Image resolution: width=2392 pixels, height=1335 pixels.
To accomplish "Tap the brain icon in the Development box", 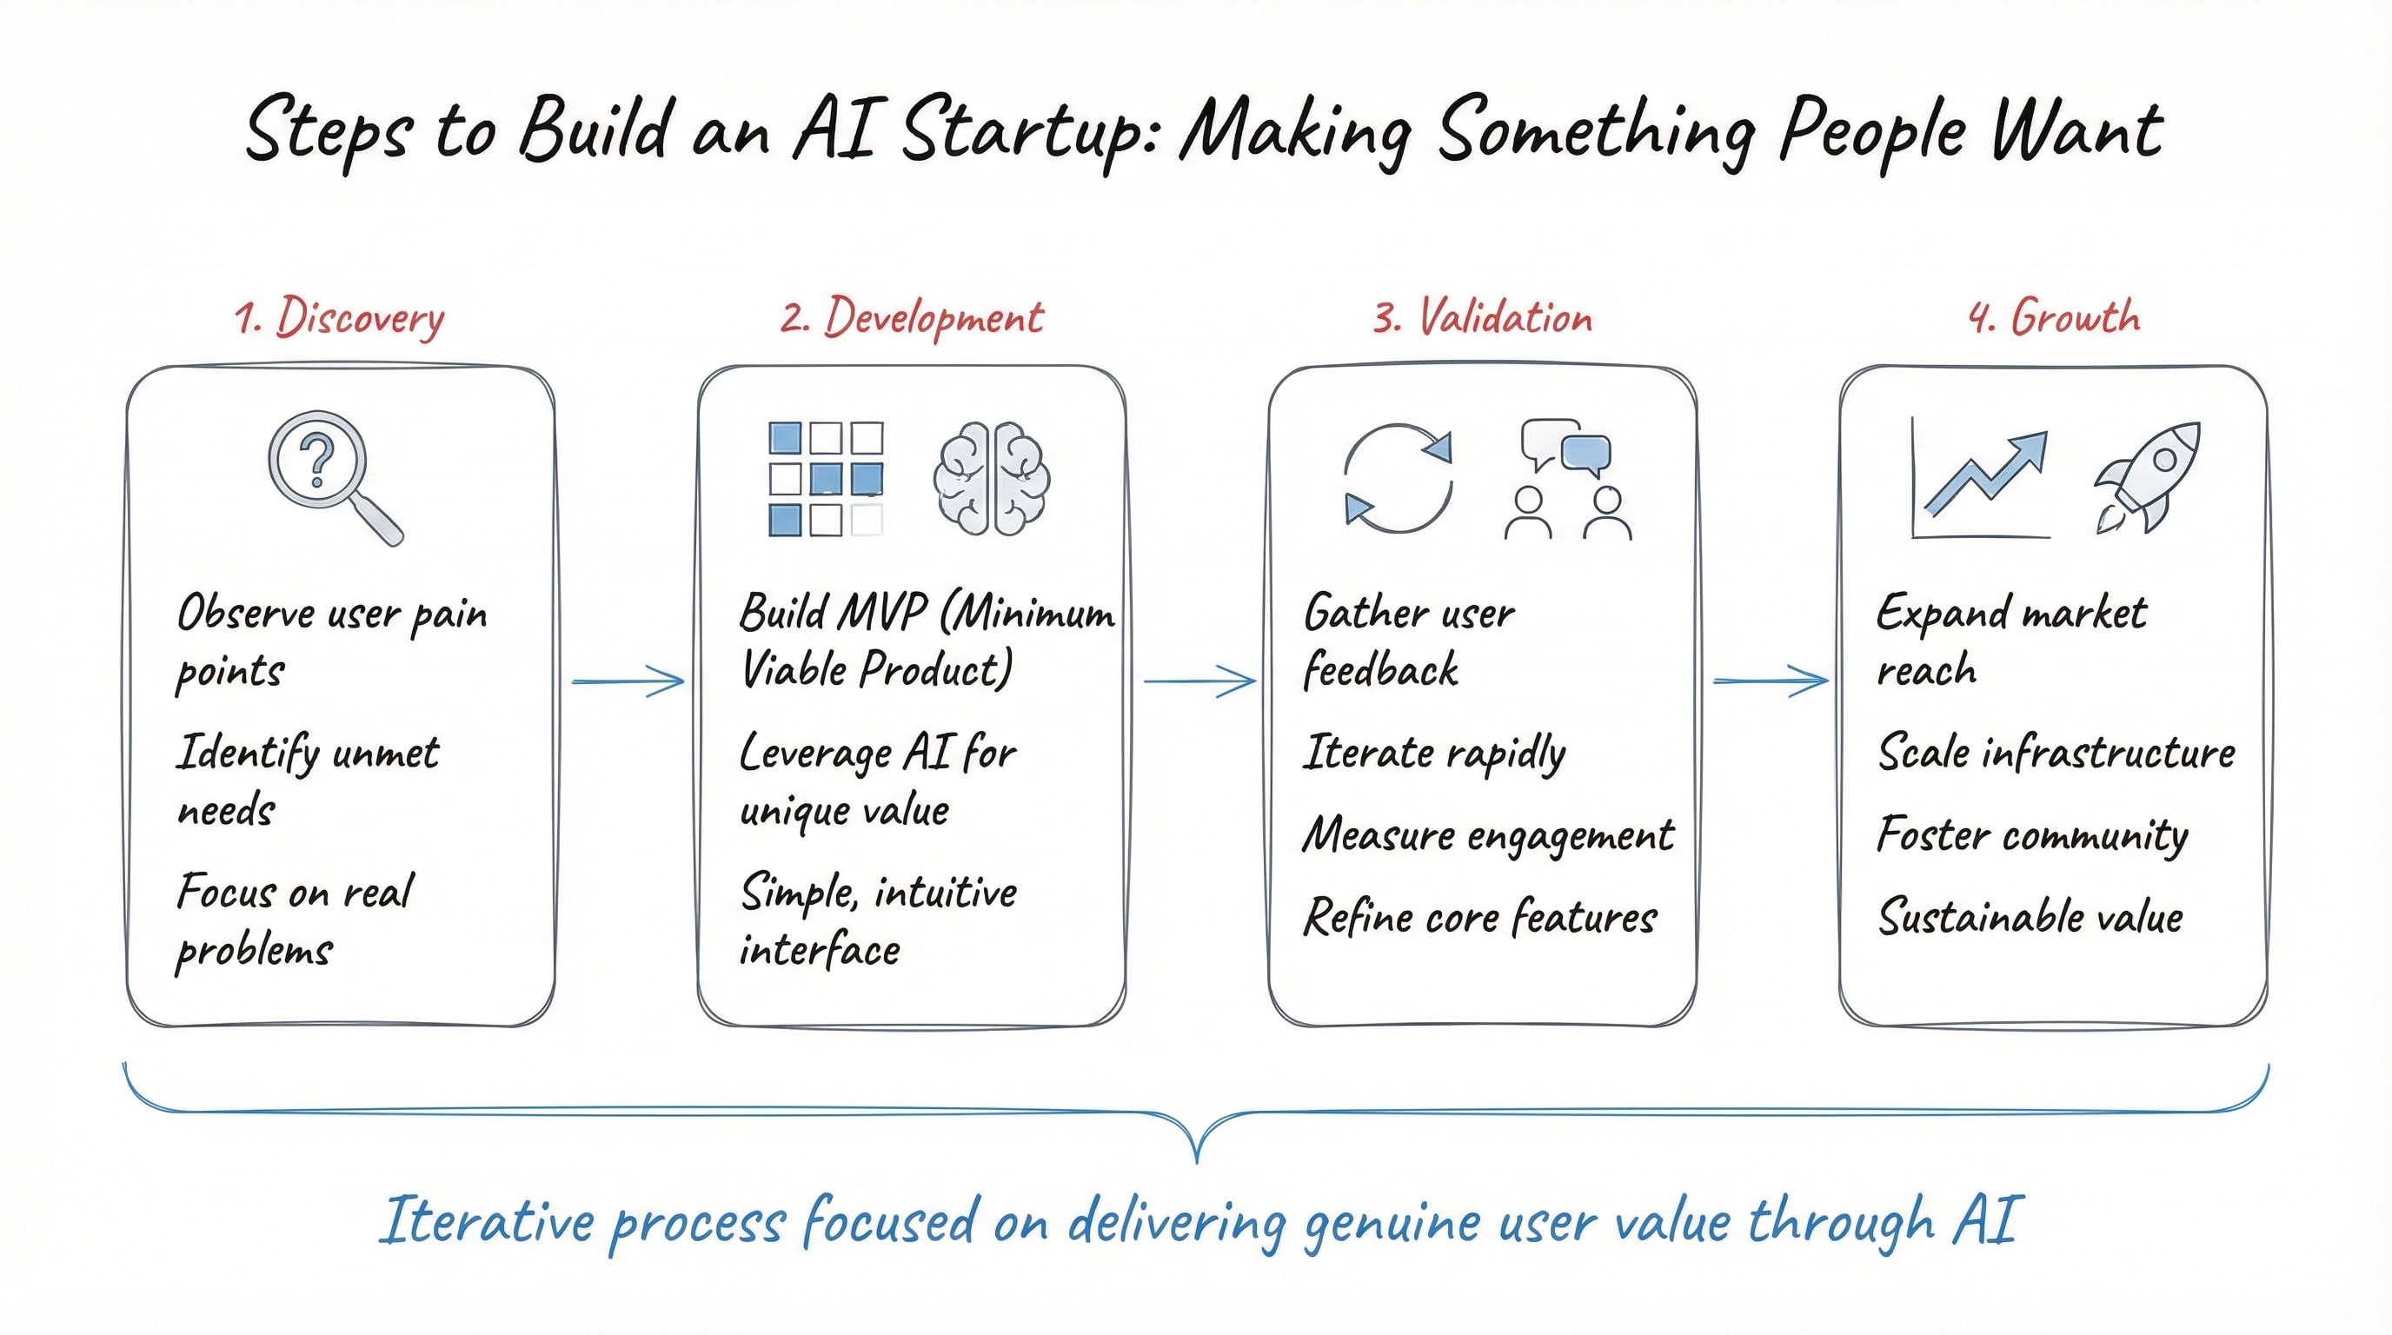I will click(x=991, y=479).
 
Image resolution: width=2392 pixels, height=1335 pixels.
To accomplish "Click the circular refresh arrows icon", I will click(x=1398, y=478).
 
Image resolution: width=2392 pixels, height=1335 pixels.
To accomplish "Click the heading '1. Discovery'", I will click(x=340, y=318).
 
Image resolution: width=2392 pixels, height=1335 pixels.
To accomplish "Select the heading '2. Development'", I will click(x=912, y=318).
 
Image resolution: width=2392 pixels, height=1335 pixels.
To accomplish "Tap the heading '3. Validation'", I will click(x=1483, y=318).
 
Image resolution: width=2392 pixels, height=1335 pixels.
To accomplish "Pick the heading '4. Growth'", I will click(x=2054, y=318).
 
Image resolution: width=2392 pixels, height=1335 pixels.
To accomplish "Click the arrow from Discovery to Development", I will click(x=628, y=681).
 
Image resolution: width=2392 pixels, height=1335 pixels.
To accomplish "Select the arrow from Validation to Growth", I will click(x=1770, y=681).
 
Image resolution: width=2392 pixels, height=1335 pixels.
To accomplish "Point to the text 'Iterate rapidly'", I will click(x=1435, y=754).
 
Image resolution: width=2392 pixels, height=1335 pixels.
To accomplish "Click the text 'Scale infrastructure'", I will click(x=2056, y=752).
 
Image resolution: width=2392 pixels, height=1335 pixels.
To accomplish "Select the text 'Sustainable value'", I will click(x=2030, y=917).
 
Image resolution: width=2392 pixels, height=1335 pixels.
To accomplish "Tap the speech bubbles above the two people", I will click(x=1565, y=448).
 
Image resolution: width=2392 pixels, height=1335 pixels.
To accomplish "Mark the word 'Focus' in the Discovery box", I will click(x=226, y=893).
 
